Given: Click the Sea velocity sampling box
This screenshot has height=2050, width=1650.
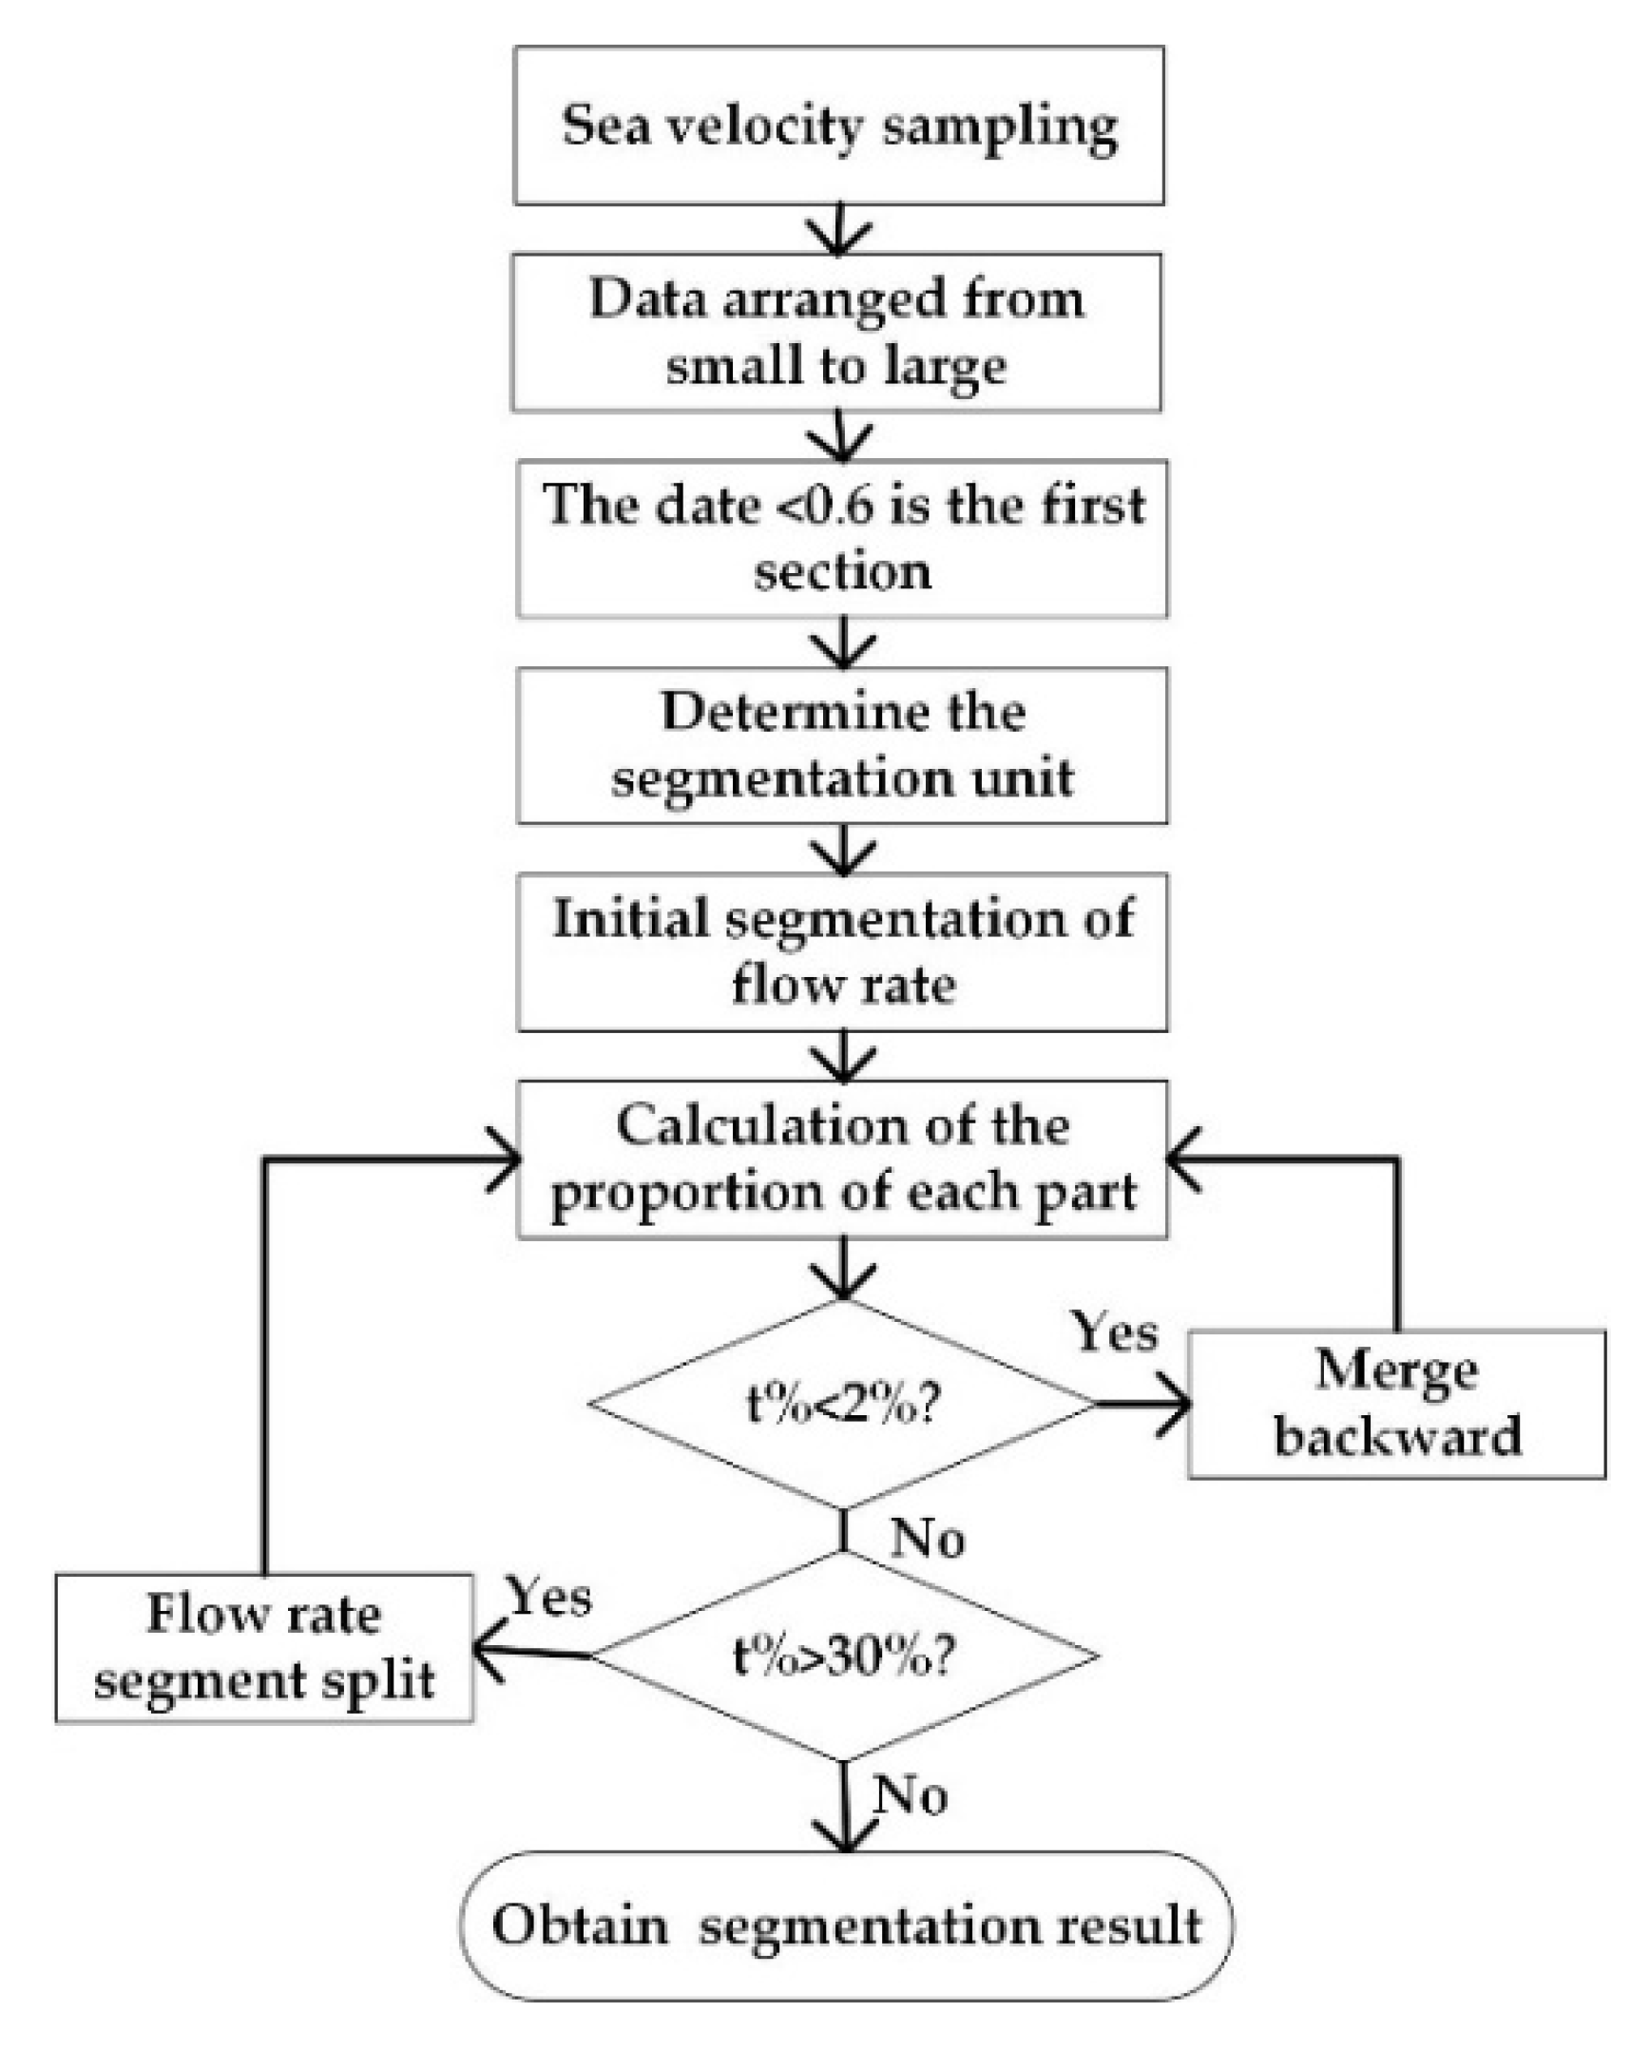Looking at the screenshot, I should click(x=838, y=125).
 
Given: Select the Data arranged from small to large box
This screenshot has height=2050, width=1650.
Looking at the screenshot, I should click(x=836, y=332).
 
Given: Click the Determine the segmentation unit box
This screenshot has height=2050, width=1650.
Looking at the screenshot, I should click(x=842, y=745).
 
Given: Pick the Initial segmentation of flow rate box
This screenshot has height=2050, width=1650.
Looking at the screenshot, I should click(x=842, y=951).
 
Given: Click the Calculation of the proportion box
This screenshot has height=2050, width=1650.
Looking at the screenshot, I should click(x=842, y=1159).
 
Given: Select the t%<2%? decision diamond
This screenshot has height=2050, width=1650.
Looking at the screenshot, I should click(x=842, y=1404).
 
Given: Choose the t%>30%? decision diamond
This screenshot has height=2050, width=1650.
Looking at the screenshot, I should click(x=842, y=1656).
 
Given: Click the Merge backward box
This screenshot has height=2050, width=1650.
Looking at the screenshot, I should click(x=1396, y=1404).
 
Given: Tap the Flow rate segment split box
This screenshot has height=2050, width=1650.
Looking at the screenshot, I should click(x=263, y=1647).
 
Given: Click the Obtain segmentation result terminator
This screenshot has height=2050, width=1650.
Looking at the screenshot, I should click(x=846, y=1925).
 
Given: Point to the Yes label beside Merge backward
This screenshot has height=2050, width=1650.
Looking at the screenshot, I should click(x=1116, y=1332).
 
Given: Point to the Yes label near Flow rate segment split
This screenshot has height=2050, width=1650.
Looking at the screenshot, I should click(x=548, y=1596).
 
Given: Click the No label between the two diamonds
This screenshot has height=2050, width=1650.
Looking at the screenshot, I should click(x=927, y=1538).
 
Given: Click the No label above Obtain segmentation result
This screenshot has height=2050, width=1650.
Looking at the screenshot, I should click(x=911, y=1795).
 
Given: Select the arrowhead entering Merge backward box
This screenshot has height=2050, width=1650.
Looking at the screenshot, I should click(x=1178, y=1404).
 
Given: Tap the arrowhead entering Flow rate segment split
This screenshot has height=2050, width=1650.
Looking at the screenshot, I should click(x=487, y=1652).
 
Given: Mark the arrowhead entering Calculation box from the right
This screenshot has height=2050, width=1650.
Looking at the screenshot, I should click(x=1182, y=1159).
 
